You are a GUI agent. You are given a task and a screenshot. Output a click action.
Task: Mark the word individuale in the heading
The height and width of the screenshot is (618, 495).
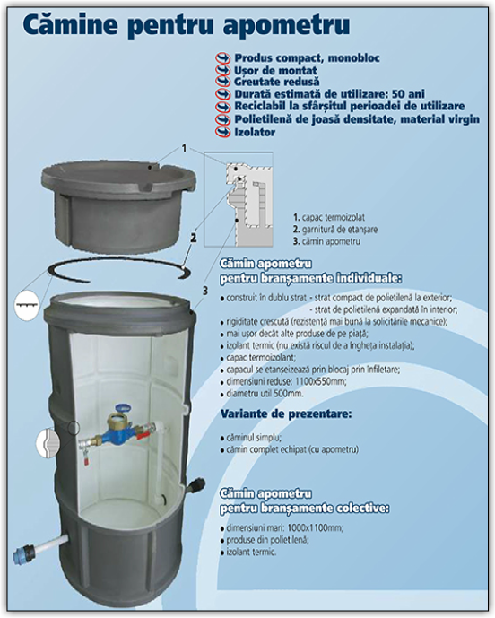point(362,277)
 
